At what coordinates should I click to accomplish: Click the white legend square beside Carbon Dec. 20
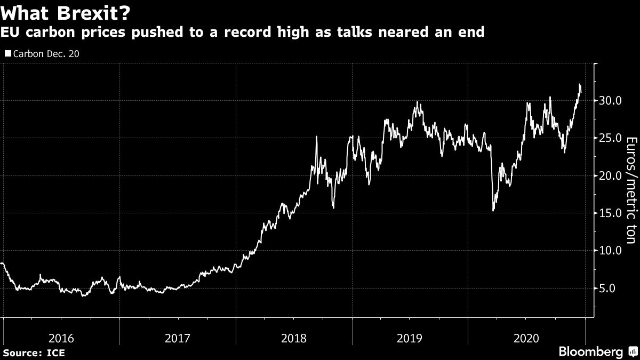pos(7,54)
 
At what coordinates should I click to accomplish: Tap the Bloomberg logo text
pos(590,351)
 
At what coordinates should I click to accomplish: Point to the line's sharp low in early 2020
pos(493,211)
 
